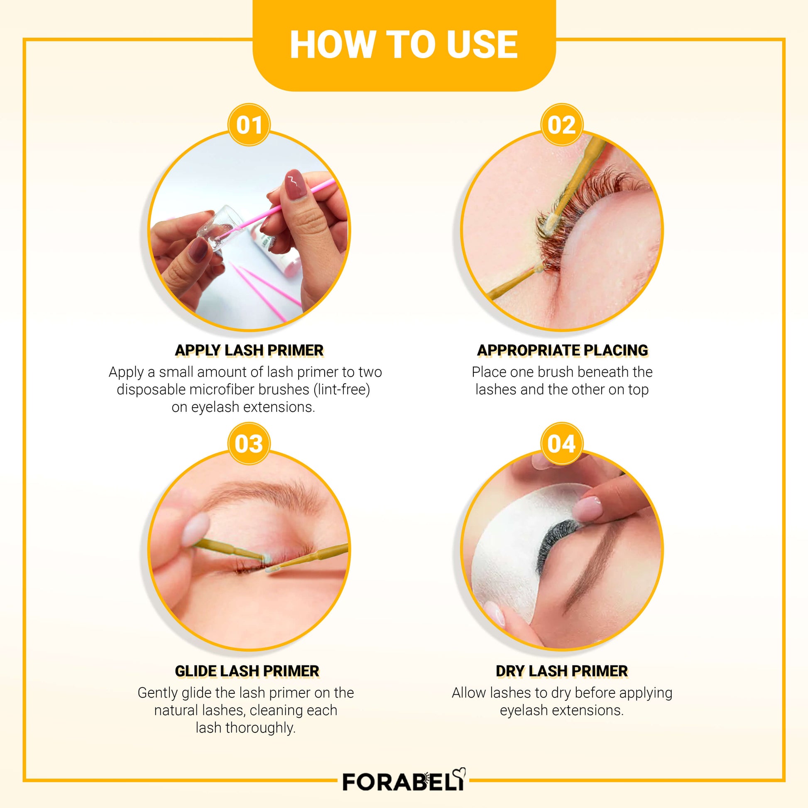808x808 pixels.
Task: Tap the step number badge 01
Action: pos(249,125)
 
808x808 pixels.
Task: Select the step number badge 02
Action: pos(562,125)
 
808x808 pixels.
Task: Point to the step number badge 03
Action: pos(249,443)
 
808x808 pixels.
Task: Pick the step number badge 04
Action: pos(562,443)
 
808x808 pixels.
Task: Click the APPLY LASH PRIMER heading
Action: pos(249,350)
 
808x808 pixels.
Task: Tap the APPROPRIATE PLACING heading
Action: pos(562,350)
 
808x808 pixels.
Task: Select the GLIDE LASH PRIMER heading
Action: pos(247,671)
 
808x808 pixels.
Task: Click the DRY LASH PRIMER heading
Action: pos(562,671)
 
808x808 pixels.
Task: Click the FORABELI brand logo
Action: pos(404,781)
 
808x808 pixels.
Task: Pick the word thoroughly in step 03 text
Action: pos(261,728)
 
